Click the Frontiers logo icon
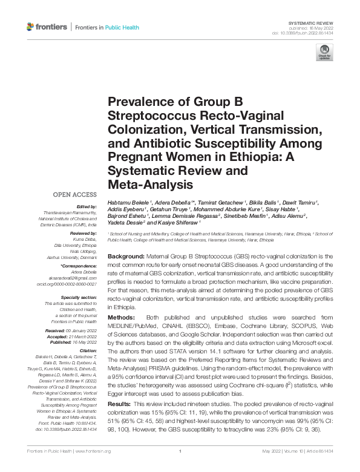[30, 27]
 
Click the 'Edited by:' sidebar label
[87, 206]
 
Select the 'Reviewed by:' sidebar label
[83, 232]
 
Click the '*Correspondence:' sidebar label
[79, 266]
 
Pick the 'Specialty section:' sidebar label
[80, 297]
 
